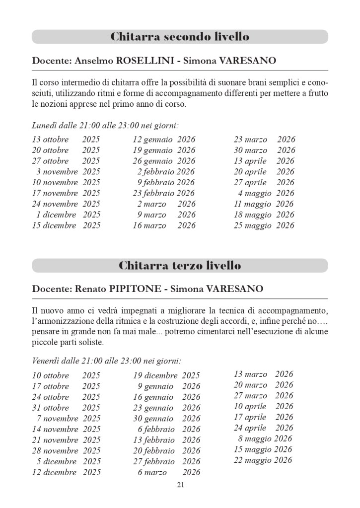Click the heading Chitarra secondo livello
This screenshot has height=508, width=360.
(180, 37)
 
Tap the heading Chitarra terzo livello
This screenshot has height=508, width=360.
(180, 266)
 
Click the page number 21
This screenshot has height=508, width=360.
(180, 485)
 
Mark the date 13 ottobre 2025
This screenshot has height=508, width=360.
(66, 140)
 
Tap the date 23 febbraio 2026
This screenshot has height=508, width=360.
(163, 193)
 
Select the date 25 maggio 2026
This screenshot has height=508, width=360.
(264, 225)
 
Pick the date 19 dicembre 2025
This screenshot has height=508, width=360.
(166, 376)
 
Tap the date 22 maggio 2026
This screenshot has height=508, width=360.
(263, 460)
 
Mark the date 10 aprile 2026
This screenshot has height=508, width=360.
(263, 407)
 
